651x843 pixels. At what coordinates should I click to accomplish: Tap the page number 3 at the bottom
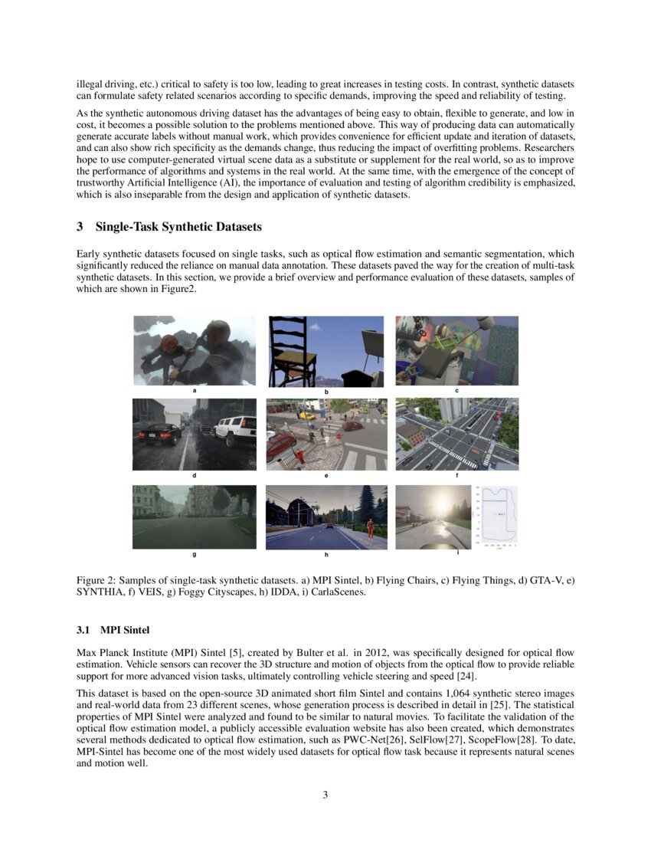click(325, 795)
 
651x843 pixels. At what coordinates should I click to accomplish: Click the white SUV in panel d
click(234, 431)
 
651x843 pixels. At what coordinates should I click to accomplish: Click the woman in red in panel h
click(369, 528)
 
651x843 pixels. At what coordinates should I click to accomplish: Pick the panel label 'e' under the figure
click(326, 476)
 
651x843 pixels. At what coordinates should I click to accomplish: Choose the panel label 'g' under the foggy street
click(195, 554)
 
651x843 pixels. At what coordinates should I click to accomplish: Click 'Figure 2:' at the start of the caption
click(98, 581)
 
